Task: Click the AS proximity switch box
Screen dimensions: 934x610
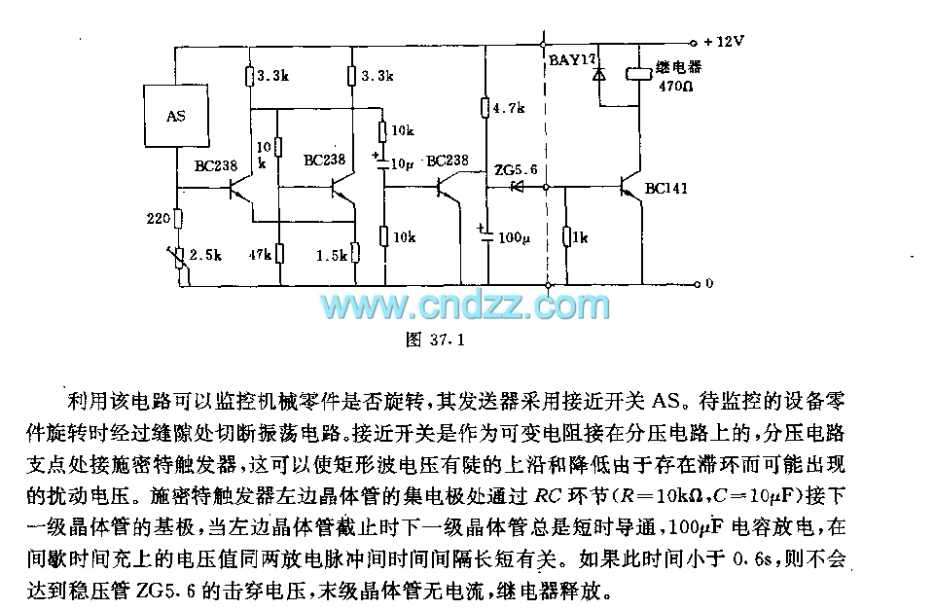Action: point(175,116)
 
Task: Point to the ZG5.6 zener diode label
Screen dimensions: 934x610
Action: point(515,169)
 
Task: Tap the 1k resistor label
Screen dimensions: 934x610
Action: point(580,236)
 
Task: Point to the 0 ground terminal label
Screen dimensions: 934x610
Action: point(709,284)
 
